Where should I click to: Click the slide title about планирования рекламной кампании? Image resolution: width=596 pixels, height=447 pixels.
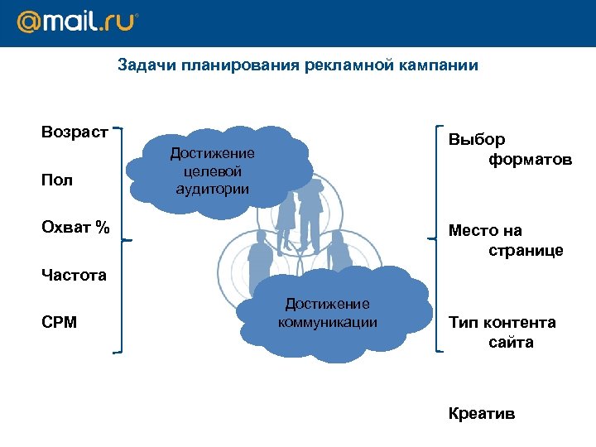[x=297, y=65]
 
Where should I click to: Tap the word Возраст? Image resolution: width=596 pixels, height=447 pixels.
[x=74, y=132]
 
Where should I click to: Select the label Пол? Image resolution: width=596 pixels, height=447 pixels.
[x=57, y=180]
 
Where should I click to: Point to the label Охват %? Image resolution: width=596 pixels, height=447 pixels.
[x=75, y=228]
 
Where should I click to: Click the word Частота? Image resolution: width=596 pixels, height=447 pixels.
[x=74, y=276]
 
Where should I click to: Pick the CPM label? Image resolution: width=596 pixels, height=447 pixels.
[x=59, y=322]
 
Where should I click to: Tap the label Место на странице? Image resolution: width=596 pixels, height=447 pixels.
[x=505, y=241]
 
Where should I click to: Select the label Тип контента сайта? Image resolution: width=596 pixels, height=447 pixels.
[x=502, y=332]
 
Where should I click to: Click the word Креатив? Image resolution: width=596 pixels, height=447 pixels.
[x=481, y=413]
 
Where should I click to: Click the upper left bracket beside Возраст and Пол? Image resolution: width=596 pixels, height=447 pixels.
[x=122, y=183]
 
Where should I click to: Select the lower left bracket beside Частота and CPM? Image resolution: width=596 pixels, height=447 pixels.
[x=122, y=296]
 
